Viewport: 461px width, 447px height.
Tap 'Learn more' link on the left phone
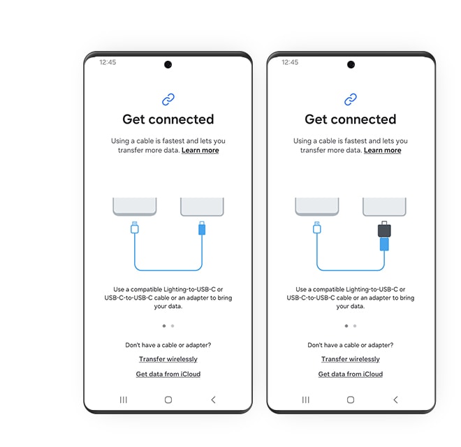[200, 150]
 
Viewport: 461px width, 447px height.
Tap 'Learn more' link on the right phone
[382, 150]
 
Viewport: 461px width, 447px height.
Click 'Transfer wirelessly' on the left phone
[168, 359]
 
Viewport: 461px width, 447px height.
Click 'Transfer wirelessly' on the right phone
[351, 359]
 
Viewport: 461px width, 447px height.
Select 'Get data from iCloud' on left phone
[168, 374]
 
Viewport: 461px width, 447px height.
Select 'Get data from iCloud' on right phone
[351, 374]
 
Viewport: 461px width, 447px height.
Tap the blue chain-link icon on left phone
[168, 99]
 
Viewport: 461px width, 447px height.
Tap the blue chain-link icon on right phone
[351, 99]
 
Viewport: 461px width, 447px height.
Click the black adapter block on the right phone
[383, 230]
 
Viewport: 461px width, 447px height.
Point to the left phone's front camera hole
[168, 65]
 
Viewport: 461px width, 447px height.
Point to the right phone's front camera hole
[351, 65]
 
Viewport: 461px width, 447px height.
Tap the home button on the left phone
[168, 400]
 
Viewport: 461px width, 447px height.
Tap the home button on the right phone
[351, 400]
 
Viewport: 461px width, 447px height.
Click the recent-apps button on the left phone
[124, 400]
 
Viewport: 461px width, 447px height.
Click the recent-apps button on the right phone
[306, 400]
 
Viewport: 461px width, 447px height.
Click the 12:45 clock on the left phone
[108, 62]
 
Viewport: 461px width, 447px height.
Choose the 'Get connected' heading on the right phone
[351, 119]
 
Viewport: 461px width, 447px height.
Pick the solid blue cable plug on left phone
[202, 228]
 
